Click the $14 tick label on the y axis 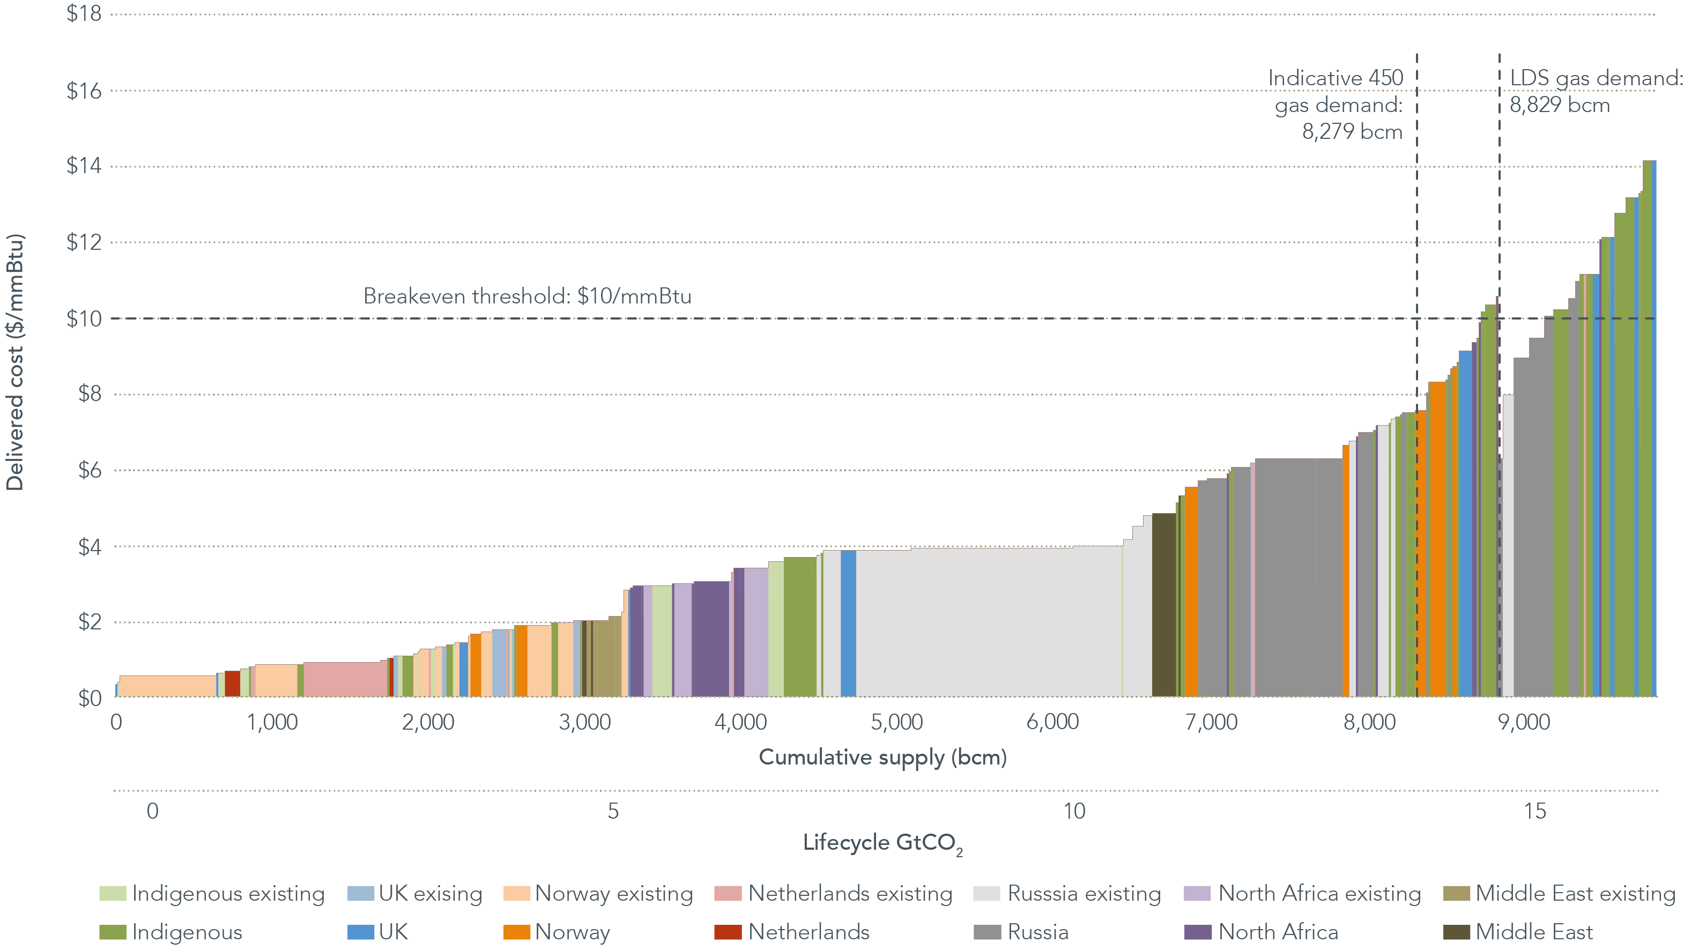pos(84,166)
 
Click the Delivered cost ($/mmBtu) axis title pos(15,362)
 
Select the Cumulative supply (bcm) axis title pos(882,757)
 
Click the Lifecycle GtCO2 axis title pos(882,843)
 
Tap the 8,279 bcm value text pos(1352,132)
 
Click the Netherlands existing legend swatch pos(728,894)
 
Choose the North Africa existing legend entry pos(1303,894)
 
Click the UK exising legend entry pos(415,894)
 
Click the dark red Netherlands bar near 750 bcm pos(232,684)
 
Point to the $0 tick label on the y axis pos(90,698)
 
